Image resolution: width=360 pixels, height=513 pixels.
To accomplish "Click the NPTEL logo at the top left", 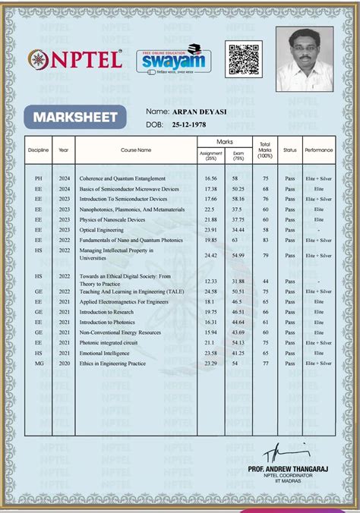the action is pos(74,58).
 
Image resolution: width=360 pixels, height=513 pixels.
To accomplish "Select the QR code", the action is pos(243,58).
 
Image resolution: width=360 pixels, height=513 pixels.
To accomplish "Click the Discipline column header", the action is pos(39,150).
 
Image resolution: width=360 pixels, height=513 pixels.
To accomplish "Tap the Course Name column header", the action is pos(135,150).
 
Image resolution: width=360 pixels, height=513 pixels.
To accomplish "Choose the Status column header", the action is pos(289,150).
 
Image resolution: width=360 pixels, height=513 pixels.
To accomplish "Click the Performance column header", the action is pos(319,150).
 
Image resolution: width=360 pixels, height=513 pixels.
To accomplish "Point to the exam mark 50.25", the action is pos(238,188).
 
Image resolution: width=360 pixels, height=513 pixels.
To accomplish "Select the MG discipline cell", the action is pos(39,364).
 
